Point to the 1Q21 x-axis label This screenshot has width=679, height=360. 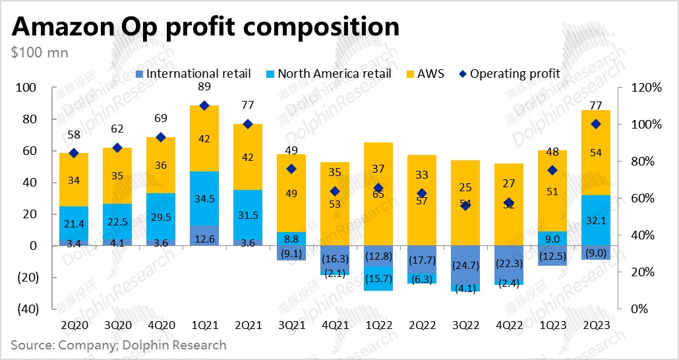204,324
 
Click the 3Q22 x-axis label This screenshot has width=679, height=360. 467,324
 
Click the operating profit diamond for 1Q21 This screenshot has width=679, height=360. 204,105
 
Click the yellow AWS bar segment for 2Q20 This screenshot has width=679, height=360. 74,179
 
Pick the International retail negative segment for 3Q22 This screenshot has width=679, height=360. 467,265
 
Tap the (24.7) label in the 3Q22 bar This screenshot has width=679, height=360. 467,266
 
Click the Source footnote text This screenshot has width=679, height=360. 119,345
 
